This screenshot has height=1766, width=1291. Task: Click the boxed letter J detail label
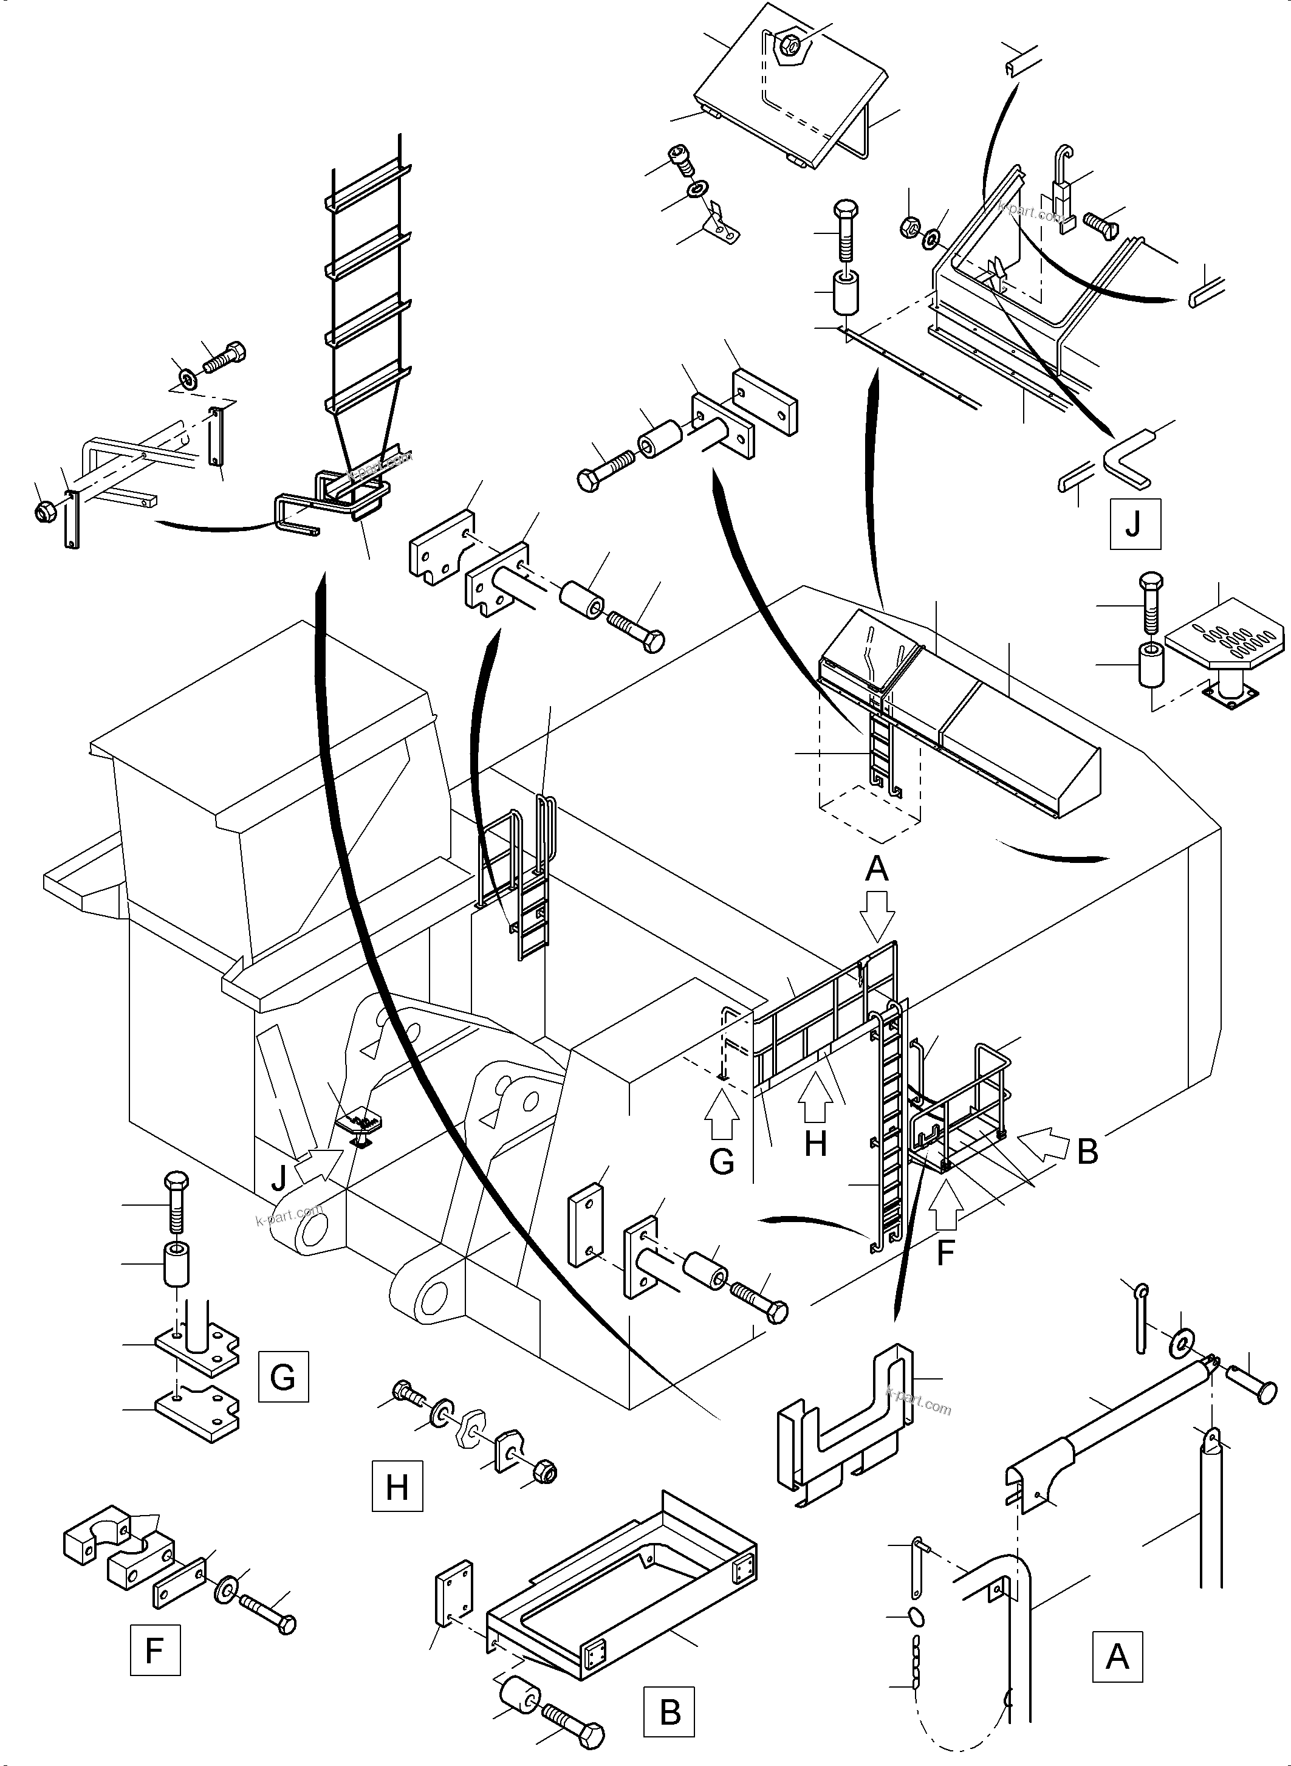pos(1134,524)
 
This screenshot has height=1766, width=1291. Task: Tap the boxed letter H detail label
pos(397,1485)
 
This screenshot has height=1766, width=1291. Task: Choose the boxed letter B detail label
pos(669,1711)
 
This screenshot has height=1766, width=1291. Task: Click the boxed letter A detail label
pos(1117,1657)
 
